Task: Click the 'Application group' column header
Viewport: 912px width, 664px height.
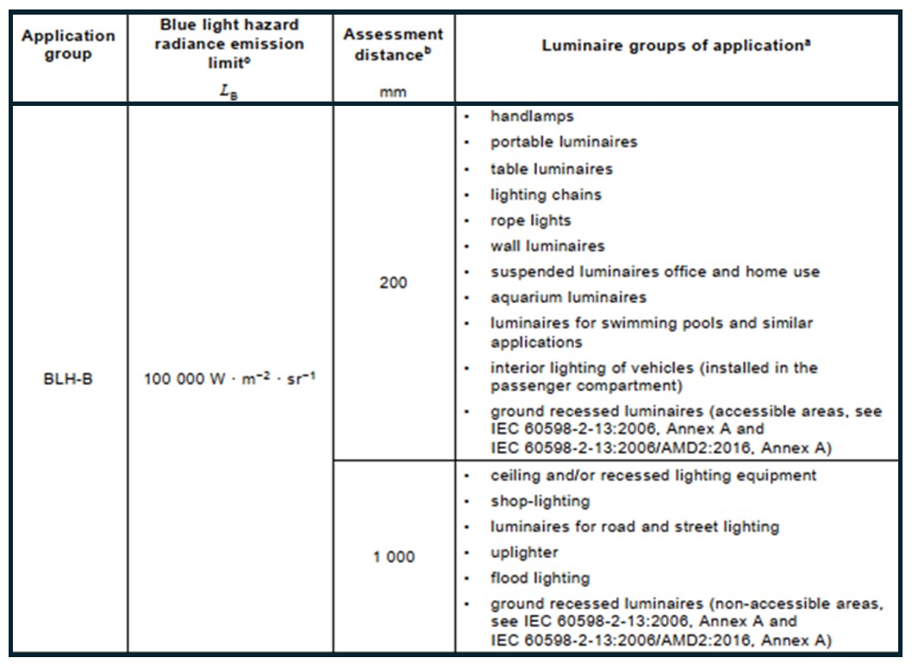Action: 68,44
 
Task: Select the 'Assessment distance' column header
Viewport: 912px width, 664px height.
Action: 393,44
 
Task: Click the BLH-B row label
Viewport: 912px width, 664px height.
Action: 68,378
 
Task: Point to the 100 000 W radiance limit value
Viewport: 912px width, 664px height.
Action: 229,378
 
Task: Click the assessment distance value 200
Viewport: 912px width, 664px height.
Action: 393,282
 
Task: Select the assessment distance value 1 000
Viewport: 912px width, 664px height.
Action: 393,557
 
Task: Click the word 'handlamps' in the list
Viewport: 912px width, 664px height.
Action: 532,115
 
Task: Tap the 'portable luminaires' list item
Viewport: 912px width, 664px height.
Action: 564,141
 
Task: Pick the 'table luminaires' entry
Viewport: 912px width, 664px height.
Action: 552,169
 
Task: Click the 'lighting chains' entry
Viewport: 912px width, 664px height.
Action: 546,195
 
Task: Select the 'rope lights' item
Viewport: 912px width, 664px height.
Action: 531,220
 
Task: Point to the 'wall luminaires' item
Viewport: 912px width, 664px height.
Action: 547,246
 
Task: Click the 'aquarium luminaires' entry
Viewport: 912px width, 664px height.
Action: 568,298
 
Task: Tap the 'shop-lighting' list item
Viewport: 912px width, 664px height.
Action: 540,500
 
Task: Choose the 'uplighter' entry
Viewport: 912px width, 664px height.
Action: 524,552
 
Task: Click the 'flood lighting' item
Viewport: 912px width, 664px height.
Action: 540,578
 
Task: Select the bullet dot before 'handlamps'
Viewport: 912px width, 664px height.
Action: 466,115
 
